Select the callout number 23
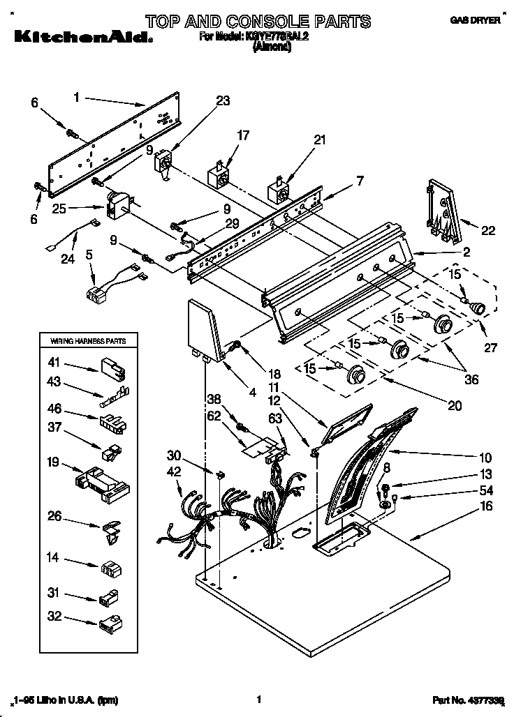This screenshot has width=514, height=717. (222, 101)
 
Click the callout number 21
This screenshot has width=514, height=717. (319, 140)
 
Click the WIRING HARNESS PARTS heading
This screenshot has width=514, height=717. (87, 341)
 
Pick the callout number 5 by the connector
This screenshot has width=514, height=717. (89, 255)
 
